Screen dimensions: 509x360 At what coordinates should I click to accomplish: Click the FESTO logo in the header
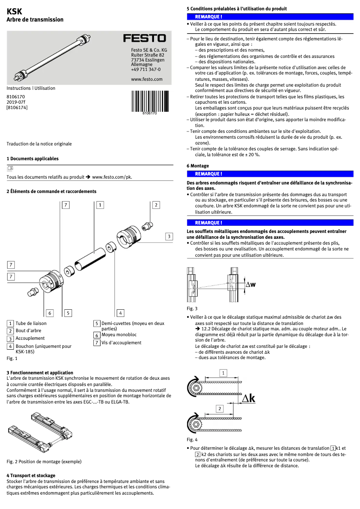point(144,39)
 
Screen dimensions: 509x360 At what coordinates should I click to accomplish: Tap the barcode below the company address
point(149,101)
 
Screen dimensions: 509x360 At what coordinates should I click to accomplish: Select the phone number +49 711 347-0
point(145,70)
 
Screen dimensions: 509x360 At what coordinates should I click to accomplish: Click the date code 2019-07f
point(16,102)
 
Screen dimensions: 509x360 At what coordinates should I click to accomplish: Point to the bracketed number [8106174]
point(17,108)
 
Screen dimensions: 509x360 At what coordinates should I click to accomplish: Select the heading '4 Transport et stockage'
point(31,475)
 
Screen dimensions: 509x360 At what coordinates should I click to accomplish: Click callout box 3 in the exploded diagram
point(169,236)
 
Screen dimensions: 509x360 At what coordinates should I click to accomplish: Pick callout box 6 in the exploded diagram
point(50,313)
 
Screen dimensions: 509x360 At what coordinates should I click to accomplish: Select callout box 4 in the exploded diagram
point(120,313)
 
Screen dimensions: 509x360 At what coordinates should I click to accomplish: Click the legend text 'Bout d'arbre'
point(28,331)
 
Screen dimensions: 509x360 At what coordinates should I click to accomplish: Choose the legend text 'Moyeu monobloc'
point(119,335)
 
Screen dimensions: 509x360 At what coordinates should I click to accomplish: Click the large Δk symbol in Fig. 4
point(248,399)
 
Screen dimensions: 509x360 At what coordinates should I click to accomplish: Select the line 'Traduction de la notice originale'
point(39,144)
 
